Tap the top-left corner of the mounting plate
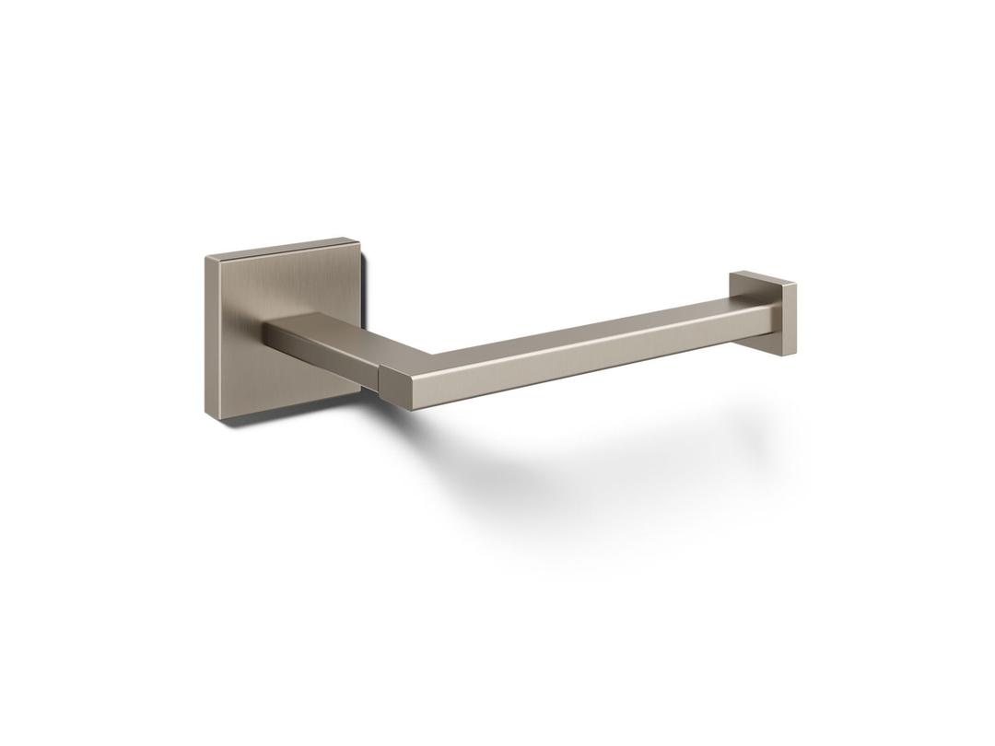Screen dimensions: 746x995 (205, 259)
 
